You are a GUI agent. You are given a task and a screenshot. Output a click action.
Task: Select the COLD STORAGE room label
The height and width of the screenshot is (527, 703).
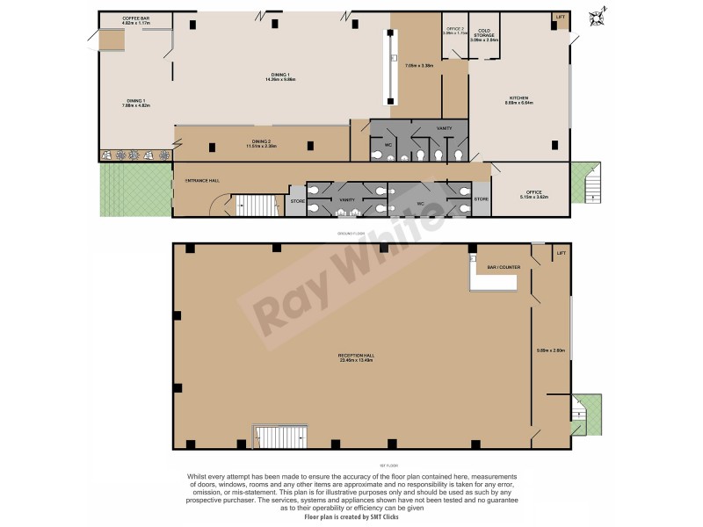(x=484, y=32)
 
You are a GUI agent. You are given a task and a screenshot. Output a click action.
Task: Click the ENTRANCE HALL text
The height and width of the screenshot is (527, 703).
(x=201, y=181)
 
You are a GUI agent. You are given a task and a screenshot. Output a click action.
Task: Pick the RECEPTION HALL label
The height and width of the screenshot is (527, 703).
(x=357, y=356)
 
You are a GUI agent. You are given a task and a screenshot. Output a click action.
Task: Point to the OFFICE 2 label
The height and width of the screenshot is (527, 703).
(x=454, y=29)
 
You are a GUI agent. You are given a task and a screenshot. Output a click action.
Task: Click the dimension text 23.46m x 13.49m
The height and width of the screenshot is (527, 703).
(x=357, y=361)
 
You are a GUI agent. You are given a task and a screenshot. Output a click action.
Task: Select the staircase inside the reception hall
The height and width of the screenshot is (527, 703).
(x=281, y=436)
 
